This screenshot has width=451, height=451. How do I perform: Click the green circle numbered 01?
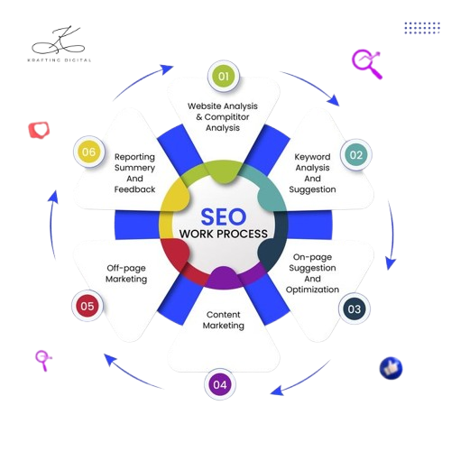[x=224, y=76]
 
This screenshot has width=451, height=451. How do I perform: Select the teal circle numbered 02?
[x=356, y=155]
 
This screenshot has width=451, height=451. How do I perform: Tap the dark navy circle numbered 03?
[x=354, y=308]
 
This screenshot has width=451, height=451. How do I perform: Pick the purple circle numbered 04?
[x=220, y=384]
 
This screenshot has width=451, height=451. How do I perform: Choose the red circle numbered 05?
[x=87, y=306]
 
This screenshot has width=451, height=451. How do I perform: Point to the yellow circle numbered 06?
[x=89, y=152]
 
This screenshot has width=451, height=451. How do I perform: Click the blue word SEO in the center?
[x=224, y=216]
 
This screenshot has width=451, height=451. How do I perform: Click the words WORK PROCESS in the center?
[x=224, y=234]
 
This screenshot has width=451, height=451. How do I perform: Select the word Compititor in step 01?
[x=226, y=117]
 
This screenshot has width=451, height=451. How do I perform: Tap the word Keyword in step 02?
[x=312, y=157]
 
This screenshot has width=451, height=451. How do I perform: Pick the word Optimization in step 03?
[x=312, y=290]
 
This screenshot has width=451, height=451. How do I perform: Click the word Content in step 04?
[x=224, y=315]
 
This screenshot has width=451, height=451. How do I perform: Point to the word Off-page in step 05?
[x=126, y=268]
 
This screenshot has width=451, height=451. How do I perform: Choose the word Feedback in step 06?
[x=134, y=189]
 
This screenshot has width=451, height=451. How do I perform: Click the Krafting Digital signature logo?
[x=60, y=43]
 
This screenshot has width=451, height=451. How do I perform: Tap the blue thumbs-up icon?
[x=391, y=368]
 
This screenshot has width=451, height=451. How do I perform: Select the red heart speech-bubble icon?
[x=39, y=130]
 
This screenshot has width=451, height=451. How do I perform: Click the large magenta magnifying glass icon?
[x=367, y=64]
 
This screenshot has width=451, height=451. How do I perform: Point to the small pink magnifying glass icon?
[x=43, y=360]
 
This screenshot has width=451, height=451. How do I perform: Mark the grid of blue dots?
[x=422, y=28]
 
